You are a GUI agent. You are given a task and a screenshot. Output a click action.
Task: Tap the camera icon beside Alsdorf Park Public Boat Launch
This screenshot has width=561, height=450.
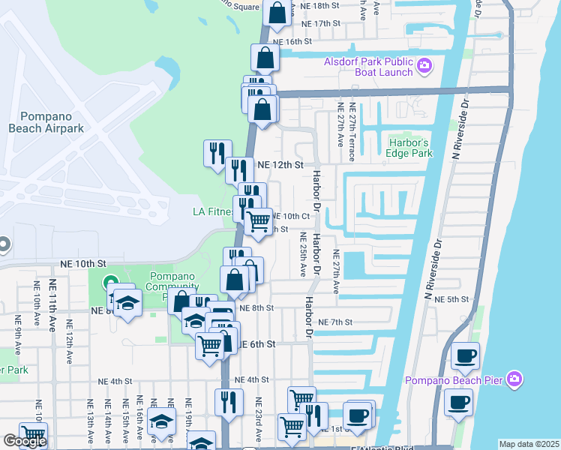pyautogui.click(x=424, y=67)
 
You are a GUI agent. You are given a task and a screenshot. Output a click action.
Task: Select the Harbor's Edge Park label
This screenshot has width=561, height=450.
pyautogui.click(x=411, y=148)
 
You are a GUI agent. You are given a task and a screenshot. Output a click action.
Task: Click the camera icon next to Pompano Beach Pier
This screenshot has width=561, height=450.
pyautogui.click(x=514, y=379)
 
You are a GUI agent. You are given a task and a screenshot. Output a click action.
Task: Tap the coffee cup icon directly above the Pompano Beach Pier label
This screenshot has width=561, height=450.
pyautogui.click(x=466, y=355)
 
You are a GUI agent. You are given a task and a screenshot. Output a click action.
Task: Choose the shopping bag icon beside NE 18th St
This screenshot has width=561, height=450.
pyautogui.click(x=276, y=13)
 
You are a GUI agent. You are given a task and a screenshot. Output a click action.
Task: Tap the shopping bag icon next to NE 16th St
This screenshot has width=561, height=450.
pyautogui.click(x=266, y=57)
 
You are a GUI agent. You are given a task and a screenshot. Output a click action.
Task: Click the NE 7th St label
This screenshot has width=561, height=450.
pyautogui.click(x=335, y=322)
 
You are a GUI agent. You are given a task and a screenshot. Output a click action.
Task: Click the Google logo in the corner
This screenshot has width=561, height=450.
pyautogui.click(x=25, y=441)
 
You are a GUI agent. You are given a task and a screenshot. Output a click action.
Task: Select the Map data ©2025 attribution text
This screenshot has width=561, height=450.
pyautogui.click(x=529, y=444)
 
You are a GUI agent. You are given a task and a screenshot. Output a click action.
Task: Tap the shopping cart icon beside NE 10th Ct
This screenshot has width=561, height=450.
pyautogui.click(x=259, y=221)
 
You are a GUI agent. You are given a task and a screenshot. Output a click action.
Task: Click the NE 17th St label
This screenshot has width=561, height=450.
pyautogui.click(x=317, y=24)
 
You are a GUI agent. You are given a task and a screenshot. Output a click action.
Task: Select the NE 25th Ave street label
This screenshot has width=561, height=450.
pyautogui.click(x=304, y=251)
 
